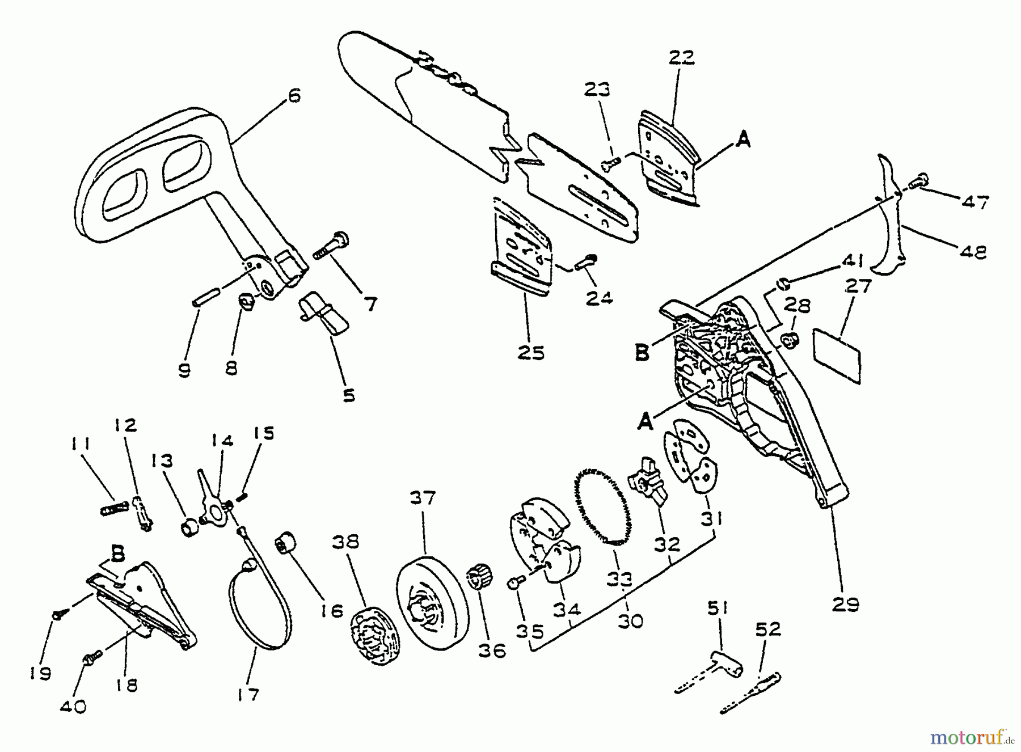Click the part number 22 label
coord(681,58)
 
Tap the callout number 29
coord(845,604)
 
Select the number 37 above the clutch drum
coord(423,498)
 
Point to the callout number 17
coord(248,694)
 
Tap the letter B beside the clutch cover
coord(642,353)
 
